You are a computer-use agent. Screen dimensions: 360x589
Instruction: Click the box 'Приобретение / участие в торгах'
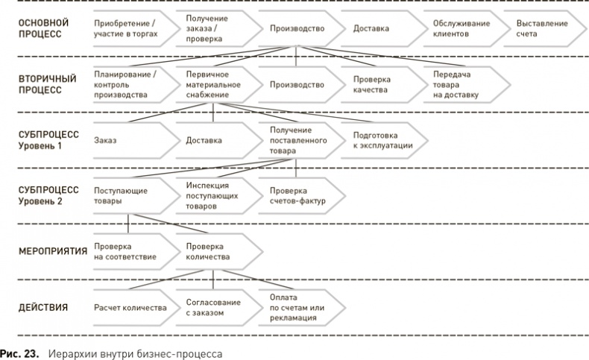(x=127, y=28)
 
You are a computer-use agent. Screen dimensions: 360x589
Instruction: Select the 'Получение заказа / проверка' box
(x=212, y=28)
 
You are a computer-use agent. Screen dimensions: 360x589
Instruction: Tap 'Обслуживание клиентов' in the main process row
(x=462, y=28)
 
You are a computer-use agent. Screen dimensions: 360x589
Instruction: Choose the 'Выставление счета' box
(x=543, y=28)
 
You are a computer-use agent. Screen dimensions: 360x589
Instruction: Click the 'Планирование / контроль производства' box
(x=127, y=84)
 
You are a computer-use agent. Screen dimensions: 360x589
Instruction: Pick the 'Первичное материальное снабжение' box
(x=212, y=84)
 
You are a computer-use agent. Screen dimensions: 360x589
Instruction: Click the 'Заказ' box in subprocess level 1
(x=127, y=140)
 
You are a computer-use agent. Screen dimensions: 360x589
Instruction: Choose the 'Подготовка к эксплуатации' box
(x=380, y=140)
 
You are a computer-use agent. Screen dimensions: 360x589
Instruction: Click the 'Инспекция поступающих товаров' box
(x=212, y=195)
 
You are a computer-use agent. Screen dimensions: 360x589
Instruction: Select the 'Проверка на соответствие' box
(x=127, y=251)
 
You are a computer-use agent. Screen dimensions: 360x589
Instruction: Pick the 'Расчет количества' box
(x=127, y=307)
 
